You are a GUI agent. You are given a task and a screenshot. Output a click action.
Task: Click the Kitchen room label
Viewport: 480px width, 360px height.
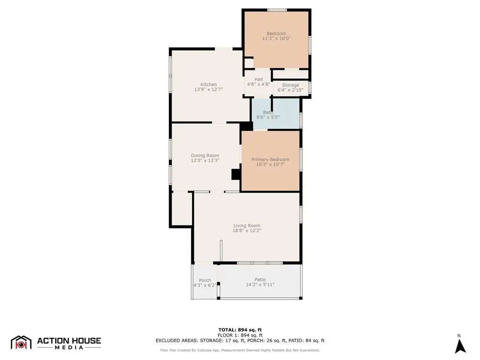[209, 84]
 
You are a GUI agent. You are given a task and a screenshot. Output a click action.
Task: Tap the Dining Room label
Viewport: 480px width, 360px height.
[205, 156]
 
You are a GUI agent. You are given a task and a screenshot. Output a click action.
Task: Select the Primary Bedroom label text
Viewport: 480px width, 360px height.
[270, 159]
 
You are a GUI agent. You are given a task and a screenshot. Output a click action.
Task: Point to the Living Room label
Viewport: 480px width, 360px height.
[247, 225]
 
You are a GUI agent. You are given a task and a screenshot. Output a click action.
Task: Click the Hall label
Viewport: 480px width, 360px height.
[259, 79]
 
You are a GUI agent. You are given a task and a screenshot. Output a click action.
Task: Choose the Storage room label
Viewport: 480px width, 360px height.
[291, 85]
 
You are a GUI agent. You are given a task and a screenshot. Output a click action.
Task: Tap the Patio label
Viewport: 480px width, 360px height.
[260, 279]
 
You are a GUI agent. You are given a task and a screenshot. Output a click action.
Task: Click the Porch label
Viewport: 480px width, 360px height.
[205, 280]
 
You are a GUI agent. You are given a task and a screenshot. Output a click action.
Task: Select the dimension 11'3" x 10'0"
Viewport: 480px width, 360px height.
[277, 38]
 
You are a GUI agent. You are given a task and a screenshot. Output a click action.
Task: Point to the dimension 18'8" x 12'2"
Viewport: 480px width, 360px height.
[247, 231]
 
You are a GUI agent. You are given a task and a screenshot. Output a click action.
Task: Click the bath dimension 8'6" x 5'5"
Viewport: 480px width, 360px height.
[268, 117]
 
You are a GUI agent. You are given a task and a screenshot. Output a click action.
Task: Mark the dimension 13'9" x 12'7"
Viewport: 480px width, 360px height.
[209, 90]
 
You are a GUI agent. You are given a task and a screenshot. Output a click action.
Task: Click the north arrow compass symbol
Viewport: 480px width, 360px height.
[460, 346]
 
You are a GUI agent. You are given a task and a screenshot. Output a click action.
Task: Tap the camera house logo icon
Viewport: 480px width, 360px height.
[21, 343]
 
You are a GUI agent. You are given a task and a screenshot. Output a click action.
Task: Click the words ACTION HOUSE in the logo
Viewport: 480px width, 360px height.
[69, 341]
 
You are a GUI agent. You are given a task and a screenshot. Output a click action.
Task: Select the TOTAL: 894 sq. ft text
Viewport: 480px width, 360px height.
[240, 330]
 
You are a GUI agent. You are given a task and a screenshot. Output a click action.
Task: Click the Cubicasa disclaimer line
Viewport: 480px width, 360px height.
[240, 350]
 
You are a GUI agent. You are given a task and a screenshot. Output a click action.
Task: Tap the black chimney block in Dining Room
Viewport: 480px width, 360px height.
[236, 174]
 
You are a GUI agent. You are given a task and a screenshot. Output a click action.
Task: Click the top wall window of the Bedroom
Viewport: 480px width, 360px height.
[277, 10]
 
